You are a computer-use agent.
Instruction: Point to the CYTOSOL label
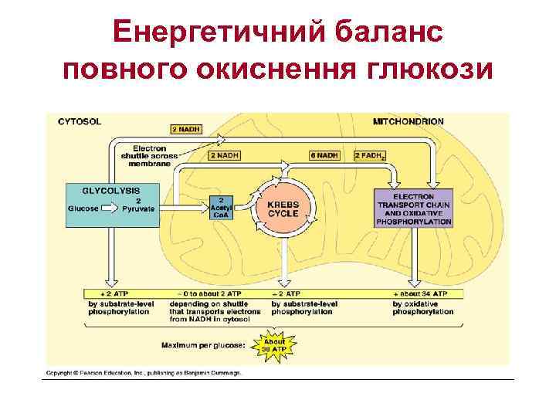coord(79,121)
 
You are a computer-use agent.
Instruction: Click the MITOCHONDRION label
coord(409,122)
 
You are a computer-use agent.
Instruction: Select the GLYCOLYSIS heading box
coord(112,189)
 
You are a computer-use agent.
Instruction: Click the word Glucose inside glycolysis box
coord(84,208)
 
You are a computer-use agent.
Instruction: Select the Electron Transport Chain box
coord(415,208)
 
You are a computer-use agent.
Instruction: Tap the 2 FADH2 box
coord(369,155)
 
